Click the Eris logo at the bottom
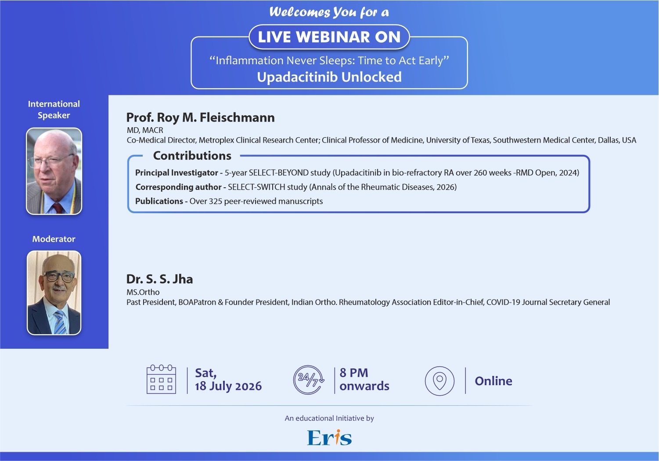329,437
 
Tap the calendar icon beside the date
161,379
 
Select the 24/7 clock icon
309,380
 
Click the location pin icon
439,381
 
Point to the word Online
493,381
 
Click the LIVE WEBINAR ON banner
329,37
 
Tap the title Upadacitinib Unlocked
329,77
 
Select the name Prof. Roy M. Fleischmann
200,117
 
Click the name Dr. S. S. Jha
159,279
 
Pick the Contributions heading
192,156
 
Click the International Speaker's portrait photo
54,171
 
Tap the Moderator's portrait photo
54,293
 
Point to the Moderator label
54,239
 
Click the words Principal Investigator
176,172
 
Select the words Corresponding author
178,187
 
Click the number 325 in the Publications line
216,201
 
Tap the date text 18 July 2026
228,386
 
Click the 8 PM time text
354,373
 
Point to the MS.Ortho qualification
143,292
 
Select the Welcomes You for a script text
329,12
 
